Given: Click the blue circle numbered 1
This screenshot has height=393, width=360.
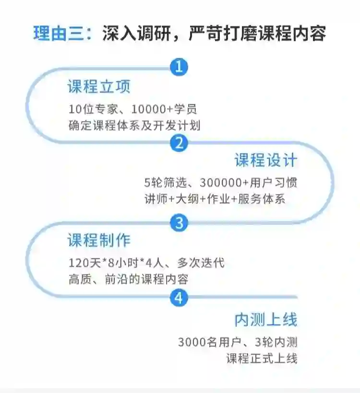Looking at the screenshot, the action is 179,67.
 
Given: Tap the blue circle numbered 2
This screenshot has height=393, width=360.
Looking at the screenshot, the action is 179,143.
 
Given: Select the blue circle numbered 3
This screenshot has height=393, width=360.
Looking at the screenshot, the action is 179,223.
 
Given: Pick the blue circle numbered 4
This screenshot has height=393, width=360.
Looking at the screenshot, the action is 179,298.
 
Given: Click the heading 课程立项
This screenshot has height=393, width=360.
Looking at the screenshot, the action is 99,87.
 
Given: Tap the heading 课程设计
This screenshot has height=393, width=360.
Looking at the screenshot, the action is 266,160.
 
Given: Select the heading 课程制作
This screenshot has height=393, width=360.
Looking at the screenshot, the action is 99,240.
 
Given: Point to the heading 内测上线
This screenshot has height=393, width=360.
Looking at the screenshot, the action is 266,319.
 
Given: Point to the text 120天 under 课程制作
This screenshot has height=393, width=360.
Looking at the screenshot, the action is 84,263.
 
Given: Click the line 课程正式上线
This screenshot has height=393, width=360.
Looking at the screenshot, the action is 262,358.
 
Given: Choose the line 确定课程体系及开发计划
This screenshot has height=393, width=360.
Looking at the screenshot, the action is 134,125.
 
